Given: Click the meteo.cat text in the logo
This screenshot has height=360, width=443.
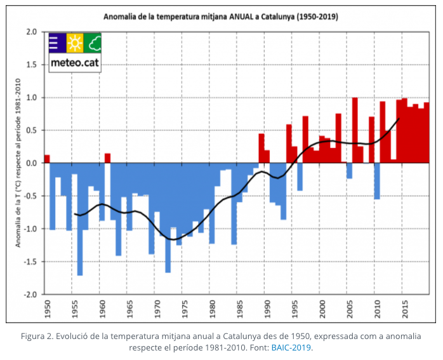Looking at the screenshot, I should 74,63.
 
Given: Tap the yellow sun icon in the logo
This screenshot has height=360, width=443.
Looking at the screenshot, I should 74,43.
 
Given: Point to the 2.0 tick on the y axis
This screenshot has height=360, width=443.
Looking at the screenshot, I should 31,32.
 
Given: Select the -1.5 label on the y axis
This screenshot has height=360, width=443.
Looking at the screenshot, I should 30,262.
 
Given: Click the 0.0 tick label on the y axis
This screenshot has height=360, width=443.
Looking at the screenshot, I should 31,163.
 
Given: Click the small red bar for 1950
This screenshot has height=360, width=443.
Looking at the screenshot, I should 47,159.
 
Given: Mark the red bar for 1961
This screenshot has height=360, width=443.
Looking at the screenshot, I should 107,158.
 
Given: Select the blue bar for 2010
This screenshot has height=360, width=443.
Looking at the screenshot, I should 376,181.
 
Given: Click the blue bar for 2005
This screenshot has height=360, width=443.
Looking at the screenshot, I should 349,170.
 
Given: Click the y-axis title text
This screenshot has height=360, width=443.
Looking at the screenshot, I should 18,163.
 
